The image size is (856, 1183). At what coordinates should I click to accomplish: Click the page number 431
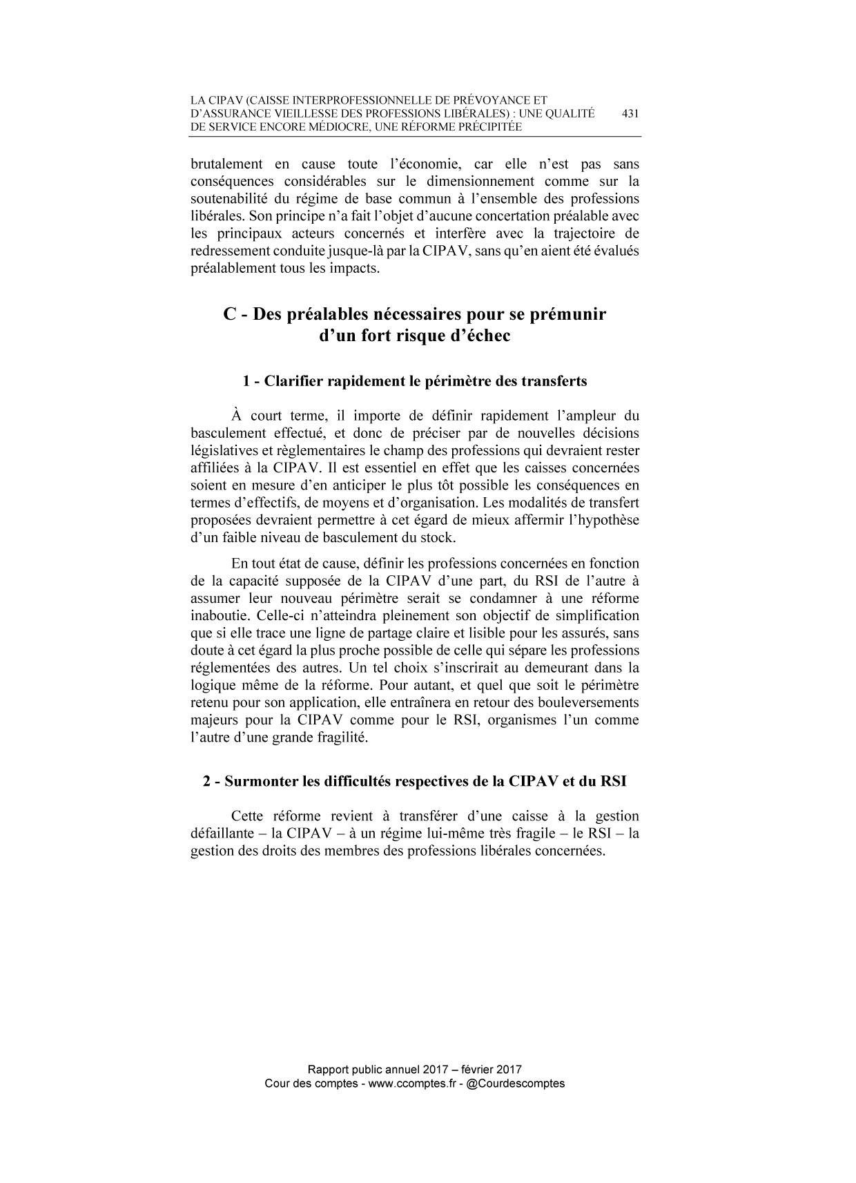point(630,114)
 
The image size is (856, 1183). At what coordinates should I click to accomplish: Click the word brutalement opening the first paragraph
point(226,164)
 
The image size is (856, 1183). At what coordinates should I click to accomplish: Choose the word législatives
point(224,451)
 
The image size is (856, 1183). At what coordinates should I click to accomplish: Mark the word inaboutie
point(218,615)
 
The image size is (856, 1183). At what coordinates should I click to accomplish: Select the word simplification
point(595,615)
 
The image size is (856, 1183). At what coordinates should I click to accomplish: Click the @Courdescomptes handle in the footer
point(516,1084)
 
